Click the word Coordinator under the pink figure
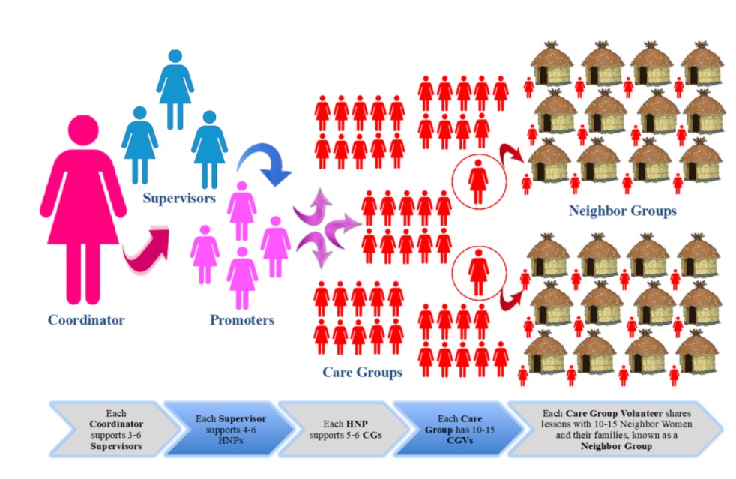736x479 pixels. point(86,320)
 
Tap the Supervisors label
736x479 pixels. point(180,199)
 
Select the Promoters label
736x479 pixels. point(242,320)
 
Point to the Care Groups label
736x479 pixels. point(362,372)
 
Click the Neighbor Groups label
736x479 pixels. point(622,211)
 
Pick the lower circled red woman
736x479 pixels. point(477,268)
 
